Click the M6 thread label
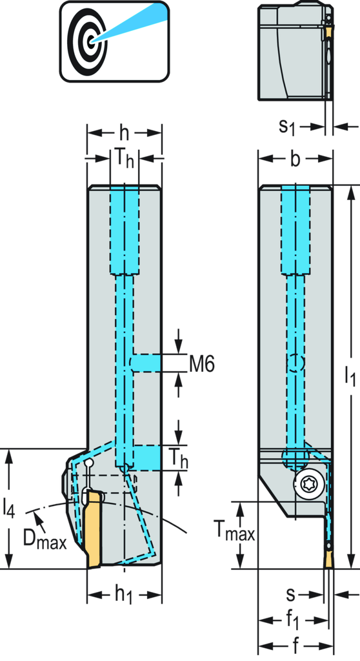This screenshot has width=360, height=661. (x=202, y=363)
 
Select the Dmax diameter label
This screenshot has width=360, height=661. (x=45, y=540)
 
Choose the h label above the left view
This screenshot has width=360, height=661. (x=124, y=133)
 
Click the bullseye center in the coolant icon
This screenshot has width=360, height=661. (x=90, y=41)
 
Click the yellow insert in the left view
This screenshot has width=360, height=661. (x=94, y=530)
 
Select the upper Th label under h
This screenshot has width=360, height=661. (x=124, y=159)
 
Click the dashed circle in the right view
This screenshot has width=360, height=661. (x=296, y=363)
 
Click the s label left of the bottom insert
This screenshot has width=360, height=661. (x=291, y=595)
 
